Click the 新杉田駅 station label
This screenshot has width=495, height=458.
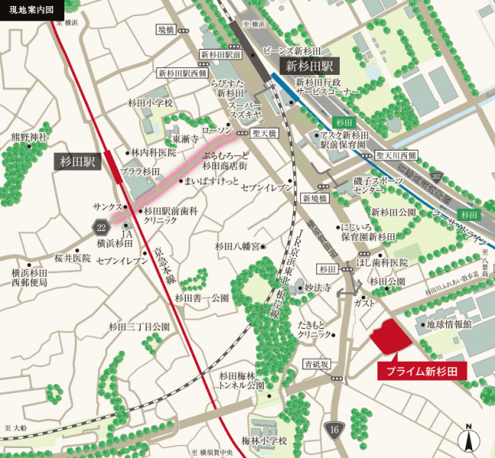tap(307, 67)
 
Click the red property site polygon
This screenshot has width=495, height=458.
tap(389, 337)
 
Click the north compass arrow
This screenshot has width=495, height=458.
tap(469, 439)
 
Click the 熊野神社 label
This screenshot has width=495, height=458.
tap(30, 138)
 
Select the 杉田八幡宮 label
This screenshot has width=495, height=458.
tap(238, 246)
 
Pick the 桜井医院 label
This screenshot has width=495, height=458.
tap(72, 258)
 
